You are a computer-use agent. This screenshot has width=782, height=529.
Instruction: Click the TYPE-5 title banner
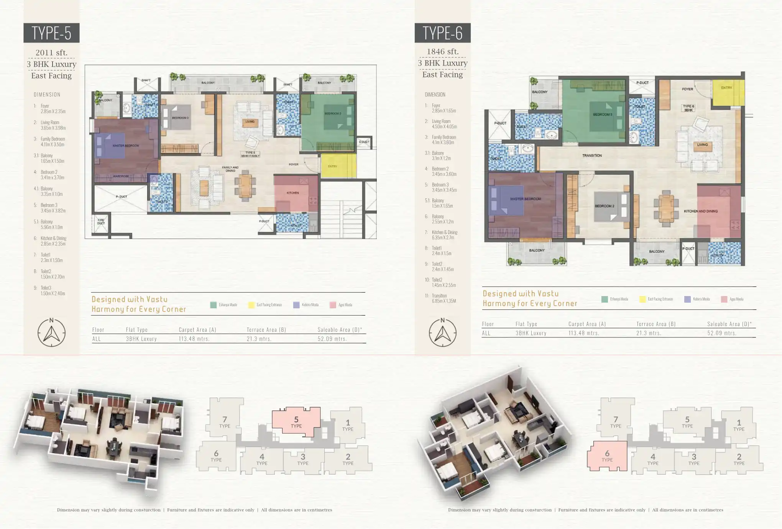51,33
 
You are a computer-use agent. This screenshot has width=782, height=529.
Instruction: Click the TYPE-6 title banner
442,33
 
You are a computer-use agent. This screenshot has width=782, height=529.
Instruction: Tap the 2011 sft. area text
51,53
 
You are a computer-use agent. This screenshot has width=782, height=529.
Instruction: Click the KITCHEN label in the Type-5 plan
293,193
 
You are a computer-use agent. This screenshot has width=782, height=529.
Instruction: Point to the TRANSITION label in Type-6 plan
592,156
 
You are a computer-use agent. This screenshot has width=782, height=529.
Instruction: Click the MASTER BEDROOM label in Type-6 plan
525,199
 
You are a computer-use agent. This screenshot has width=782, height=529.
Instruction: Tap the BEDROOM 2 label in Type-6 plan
604,206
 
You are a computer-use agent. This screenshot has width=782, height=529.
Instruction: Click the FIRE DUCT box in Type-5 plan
101,222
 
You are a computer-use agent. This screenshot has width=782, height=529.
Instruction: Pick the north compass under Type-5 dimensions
51,332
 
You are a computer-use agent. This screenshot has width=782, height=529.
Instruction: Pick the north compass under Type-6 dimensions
442,332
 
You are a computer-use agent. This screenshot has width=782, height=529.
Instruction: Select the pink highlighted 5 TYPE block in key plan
296,422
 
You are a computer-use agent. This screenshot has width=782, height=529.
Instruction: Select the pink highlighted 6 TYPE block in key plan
607,456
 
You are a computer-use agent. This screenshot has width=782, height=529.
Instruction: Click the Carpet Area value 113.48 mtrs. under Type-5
194,339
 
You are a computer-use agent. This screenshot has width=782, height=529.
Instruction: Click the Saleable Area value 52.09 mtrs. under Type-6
722,333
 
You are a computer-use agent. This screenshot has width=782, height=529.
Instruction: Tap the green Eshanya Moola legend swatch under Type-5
214,305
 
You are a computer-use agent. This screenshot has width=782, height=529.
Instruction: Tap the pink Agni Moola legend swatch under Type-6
724,299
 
